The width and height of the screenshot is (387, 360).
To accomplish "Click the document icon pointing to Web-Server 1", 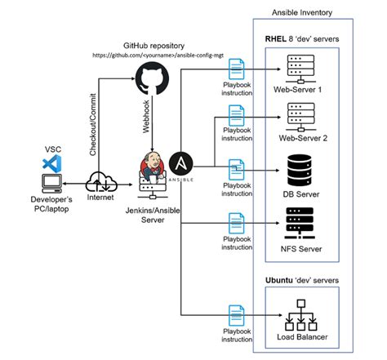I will (236, 68).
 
